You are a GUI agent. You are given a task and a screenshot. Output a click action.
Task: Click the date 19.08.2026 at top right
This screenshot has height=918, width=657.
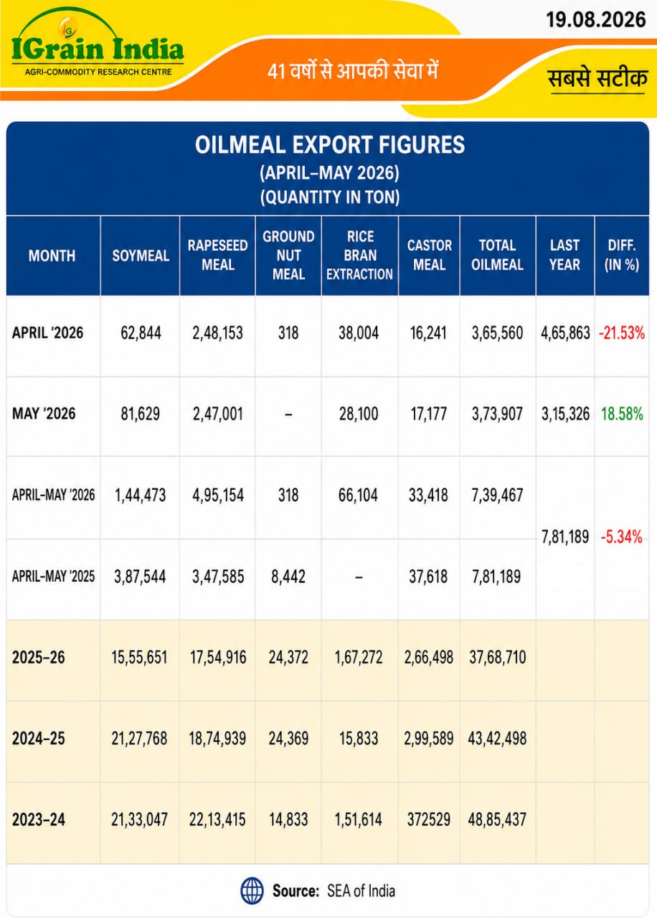coord(595,19)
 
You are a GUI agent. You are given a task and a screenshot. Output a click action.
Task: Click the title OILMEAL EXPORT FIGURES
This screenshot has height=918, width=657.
coord(329,145)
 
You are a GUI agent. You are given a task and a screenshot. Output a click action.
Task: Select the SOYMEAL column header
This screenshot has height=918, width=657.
coord(141,256)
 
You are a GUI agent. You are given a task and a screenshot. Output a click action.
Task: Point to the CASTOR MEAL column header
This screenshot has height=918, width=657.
coord(429,255)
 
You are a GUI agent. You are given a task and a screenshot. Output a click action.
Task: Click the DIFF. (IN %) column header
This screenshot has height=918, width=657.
coord(622,255)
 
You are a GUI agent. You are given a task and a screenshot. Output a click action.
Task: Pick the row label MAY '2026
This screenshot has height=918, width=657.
coord(44,414)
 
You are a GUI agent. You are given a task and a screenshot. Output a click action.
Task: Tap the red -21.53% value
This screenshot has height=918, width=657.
coord(622,333)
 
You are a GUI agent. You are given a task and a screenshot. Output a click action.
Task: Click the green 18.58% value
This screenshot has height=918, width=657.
coord(622,414)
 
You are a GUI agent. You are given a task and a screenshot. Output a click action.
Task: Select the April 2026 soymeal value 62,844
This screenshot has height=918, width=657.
coord(141,333)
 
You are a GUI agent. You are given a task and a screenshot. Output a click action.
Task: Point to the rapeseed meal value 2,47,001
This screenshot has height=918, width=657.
coord(217,414)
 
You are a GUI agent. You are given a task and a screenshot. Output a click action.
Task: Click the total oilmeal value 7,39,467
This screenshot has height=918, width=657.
coord(497,495)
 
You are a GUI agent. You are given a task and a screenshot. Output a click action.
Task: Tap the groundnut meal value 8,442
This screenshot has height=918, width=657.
coord(288,577)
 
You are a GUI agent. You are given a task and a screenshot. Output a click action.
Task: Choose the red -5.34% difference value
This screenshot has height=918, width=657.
coord(621,536)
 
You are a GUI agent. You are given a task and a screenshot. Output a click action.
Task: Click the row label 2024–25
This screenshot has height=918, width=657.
coord(39,739)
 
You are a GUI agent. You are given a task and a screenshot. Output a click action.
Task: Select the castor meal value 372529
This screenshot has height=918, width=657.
coord(429,820)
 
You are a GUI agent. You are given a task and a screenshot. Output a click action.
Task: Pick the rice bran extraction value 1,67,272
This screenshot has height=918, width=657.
coord(359,658)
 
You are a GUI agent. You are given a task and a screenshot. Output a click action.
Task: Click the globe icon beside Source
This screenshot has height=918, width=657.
coord(252,891)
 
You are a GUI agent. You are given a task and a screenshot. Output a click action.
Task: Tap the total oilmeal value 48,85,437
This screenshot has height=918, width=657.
coord(497,820)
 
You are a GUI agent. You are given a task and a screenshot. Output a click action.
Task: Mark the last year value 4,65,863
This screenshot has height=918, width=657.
coord(565,333)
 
